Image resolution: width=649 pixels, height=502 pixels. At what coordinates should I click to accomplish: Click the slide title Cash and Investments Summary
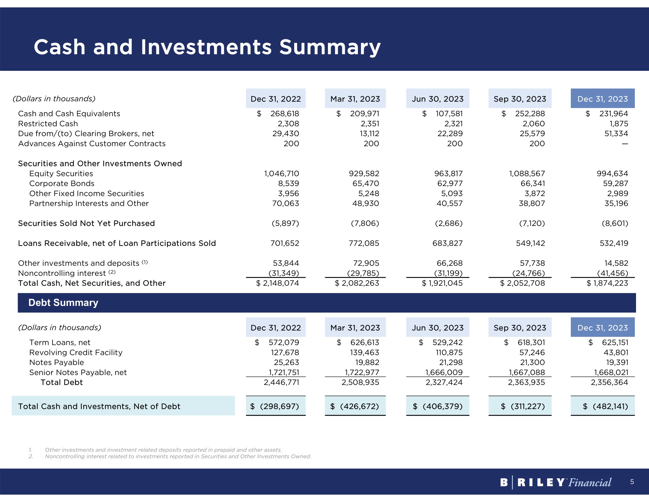207,47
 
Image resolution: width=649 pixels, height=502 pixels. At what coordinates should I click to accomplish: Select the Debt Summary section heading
63,302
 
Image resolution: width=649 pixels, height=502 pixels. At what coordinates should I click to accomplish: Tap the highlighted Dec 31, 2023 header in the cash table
602,99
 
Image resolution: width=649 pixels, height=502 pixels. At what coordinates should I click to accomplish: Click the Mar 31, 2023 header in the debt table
355,328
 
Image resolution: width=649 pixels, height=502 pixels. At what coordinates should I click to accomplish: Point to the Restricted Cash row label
48,124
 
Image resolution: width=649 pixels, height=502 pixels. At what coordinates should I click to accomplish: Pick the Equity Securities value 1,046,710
281,174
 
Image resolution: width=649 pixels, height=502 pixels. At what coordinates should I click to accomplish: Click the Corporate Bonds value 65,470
366,183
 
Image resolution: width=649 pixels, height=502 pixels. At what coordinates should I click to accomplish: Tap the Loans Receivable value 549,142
530,243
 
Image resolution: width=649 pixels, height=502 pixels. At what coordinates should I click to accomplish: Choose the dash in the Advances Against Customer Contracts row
625,144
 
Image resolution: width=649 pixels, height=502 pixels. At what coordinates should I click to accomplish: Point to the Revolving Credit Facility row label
76,353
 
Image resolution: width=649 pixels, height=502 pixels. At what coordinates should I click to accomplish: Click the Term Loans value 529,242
447,343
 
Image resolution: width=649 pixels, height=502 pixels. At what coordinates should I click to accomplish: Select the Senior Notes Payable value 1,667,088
527,372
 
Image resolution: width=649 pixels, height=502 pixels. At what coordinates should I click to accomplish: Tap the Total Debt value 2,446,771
281,382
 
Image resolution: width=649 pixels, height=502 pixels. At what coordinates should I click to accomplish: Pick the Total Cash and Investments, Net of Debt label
99,407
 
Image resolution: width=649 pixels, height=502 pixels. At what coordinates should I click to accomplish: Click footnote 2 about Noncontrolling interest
178,457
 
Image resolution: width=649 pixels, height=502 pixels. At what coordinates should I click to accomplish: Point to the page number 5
632,482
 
